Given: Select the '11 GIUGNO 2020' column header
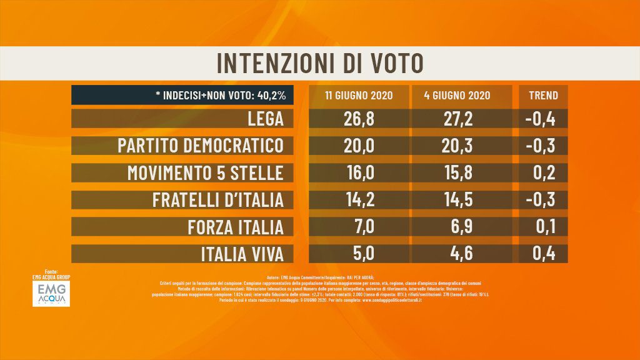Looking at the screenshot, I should [359, 96].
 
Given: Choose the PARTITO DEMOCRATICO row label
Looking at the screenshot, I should [201, 146].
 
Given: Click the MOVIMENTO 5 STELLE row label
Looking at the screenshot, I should [206, 172].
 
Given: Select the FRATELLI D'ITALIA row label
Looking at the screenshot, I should [218, 199].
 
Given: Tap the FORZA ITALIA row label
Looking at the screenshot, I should [236, 226].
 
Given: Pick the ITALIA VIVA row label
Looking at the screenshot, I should [242, 253].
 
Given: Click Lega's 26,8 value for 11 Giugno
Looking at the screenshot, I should [359, 119].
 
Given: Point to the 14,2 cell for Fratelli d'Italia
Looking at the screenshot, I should [359, 199].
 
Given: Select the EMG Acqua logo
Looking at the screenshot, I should [51, 292].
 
